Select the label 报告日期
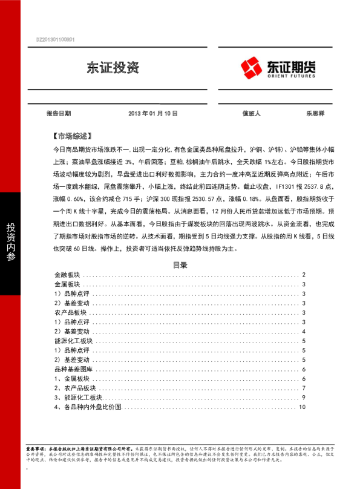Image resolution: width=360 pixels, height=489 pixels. [59, 113]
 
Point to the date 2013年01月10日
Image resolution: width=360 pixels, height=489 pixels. [152, 113]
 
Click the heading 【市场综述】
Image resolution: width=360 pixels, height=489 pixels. [71, 136]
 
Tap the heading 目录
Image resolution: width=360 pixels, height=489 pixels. [180, 264]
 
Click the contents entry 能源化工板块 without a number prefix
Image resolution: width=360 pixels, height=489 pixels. [71, 341]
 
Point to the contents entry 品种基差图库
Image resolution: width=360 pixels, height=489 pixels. [71, 370]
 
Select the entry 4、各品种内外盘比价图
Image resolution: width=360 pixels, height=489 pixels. [88, 407]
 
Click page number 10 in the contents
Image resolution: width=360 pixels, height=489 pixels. [303, 407]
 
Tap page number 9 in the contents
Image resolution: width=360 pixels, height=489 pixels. [304, 398]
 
